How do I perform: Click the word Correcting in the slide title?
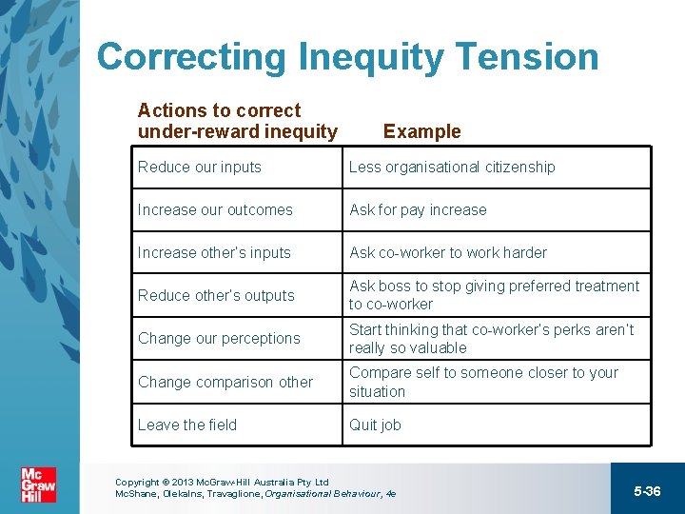click(x=192, y=57)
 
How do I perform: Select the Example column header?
click(x=421, y=131)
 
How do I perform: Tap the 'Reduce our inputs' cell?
click(x=200, y=167)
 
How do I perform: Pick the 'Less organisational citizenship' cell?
click(x=452, y=167)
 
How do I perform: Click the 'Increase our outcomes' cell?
click(x=215, y=209)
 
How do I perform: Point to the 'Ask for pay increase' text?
click(x=418, y=209)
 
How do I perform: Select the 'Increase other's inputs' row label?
click(x=214, y=252)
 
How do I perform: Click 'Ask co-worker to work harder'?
click(x=448, y=252)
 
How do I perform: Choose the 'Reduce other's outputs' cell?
click(x=216, y=295)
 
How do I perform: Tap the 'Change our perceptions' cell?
click(x=219, y=338)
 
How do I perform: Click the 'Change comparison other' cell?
click(x=225, y=382)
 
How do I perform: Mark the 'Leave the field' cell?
click(x=187, y=425)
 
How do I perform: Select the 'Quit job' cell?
click(x=375, y=425)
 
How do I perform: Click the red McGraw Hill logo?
click(x=39, y=485)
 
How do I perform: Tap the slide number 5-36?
click(x=647, y=490)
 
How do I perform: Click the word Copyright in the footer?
click(x=136, y=483)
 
